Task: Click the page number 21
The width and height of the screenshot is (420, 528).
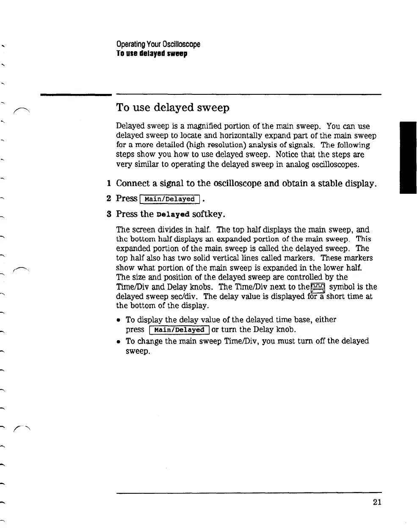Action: click(x=377, y=502)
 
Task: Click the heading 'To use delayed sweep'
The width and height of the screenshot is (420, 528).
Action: click(x=173, y=108)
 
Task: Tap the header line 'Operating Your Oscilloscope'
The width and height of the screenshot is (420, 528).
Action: click(x=158, y=44)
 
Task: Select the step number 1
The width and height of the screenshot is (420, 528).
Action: click(x=109, y=184)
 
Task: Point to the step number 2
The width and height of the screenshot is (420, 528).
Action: click(x=109, y=198)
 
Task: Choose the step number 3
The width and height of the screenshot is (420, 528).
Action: click(x=109, y=214)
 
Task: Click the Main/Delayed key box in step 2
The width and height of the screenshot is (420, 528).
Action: click(x=169, y=199)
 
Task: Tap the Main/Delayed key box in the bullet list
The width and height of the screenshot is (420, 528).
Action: click(x=179, y=330)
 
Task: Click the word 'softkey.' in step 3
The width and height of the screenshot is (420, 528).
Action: click(x=209, y=214)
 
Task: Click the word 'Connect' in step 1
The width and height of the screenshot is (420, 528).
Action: click(x=133, y=184)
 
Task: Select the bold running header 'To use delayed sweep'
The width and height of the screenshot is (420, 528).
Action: click(x=152, y=54)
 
